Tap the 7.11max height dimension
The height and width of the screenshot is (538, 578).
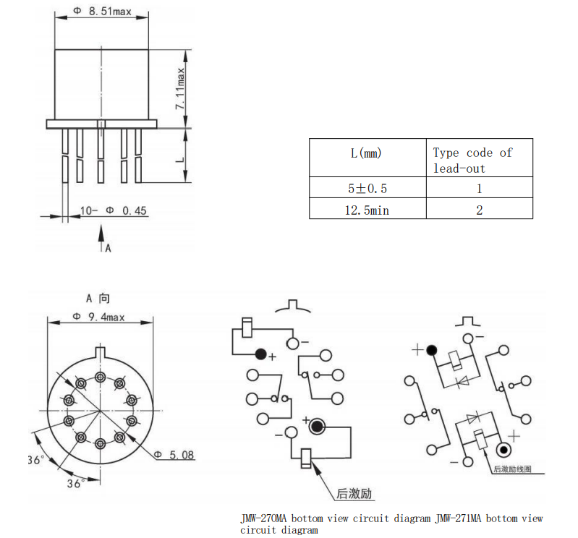[181, 87]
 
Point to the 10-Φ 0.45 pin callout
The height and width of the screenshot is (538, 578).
[113, 211]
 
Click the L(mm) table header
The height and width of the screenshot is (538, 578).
[366, 153]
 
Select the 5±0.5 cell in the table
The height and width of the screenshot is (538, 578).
[367, 189]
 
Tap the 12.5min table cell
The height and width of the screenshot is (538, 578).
[367, 210]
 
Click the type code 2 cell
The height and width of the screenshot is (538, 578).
[479, 210]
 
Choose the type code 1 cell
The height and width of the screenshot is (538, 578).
[479, 189]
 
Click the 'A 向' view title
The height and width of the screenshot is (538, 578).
[98, 297]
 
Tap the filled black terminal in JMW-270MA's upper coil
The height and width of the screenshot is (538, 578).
[260, 354]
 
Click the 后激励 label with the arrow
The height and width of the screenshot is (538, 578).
[354, 495]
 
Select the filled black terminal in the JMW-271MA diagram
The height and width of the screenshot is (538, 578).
[432, 350]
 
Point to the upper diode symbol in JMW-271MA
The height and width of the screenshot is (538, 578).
[459, 380]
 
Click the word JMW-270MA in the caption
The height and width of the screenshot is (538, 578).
[265, 518]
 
